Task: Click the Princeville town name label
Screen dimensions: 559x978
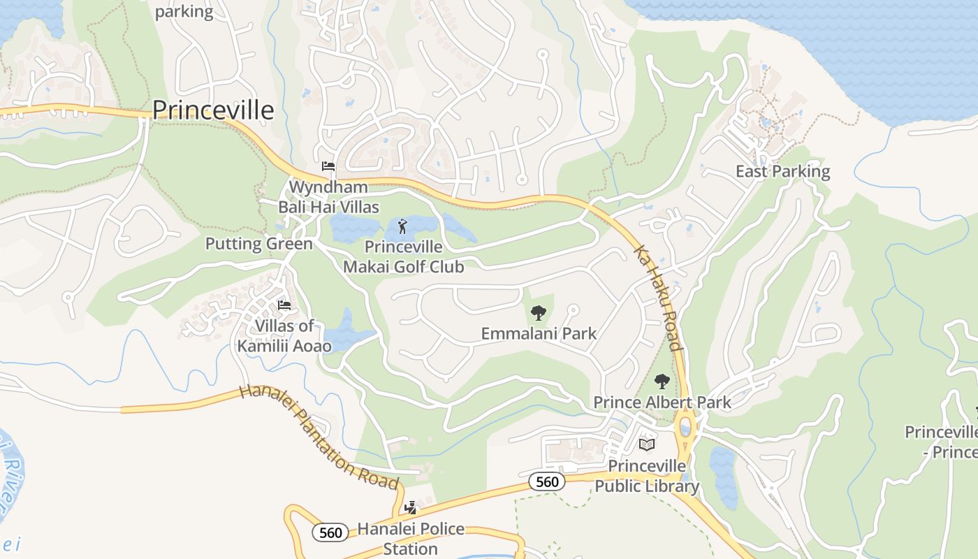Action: (213, 110)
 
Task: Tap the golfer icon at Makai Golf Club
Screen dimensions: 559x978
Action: (402, 226)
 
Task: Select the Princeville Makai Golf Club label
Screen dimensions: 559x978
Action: (404, 256)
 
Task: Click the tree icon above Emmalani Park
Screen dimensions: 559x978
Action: (538, 313)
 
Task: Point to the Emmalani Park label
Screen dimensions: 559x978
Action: (539, 333)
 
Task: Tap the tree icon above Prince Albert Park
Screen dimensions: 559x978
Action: (662, 382)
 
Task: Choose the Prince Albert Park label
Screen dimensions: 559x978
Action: (662, 402)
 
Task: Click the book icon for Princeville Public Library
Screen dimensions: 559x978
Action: (647, 444)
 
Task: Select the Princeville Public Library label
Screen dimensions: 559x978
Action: (647, 476)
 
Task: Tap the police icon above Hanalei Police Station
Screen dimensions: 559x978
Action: (411, 508)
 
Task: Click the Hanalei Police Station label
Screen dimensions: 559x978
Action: (411, 538)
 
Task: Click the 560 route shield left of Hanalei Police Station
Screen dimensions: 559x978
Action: (330, 533)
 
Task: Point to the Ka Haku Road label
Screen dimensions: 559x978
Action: (658, 298)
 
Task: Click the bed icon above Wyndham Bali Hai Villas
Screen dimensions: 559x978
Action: (328, 166)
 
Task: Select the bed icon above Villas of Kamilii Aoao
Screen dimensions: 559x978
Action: (284, 305)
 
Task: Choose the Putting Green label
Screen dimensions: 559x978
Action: (258, 244)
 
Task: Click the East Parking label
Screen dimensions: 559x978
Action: (782, 171)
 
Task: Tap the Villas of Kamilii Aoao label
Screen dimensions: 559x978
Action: (284, 335)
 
